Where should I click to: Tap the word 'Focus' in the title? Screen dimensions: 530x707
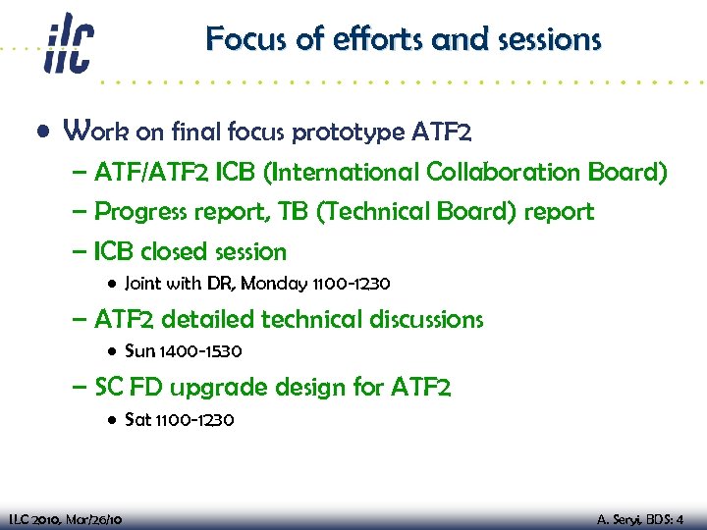coord(242,39)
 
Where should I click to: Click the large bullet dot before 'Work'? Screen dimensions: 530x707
coord(42,131)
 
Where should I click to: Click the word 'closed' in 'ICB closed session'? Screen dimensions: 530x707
coord(177,252)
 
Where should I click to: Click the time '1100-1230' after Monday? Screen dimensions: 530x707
coord(351,285)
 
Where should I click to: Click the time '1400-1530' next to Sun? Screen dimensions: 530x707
coord(203,351)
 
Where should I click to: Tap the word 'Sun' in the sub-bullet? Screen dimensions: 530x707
coord(140,351)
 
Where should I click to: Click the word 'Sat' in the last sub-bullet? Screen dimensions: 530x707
coord(138,420)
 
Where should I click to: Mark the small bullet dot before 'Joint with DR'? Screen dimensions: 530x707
coord(113,285)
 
